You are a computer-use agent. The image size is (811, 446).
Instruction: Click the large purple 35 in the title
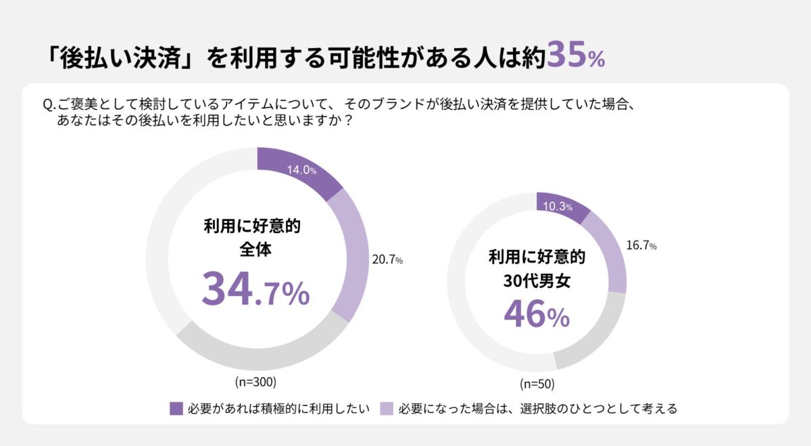tap(566, 55)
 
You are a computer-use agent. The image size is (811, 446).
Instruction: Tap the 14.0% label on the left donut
tap(302, 170)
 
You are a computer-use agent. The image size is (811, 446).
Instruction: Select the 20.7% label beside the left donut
tap(387, 259)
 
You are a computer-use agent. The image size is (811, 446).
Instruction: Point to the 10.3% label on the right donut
tap(558, 207)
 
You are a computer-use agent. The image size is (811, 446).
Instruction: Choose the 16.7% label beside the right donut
tap(641, 246)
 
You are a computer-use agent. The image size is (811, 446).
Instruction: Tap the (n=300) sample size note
tap(255, 382)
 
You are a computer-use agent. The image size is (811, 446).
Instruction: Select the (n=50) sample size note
tap(537, 385)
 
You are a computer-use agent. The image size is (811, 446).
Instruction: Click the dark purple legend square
tap(176, 408)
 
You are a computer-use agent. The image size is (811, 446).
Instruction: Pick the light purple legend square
tap(387, 408)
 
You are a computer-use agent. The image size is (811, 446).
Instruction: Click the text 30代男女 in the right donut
tap(537, 281)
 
